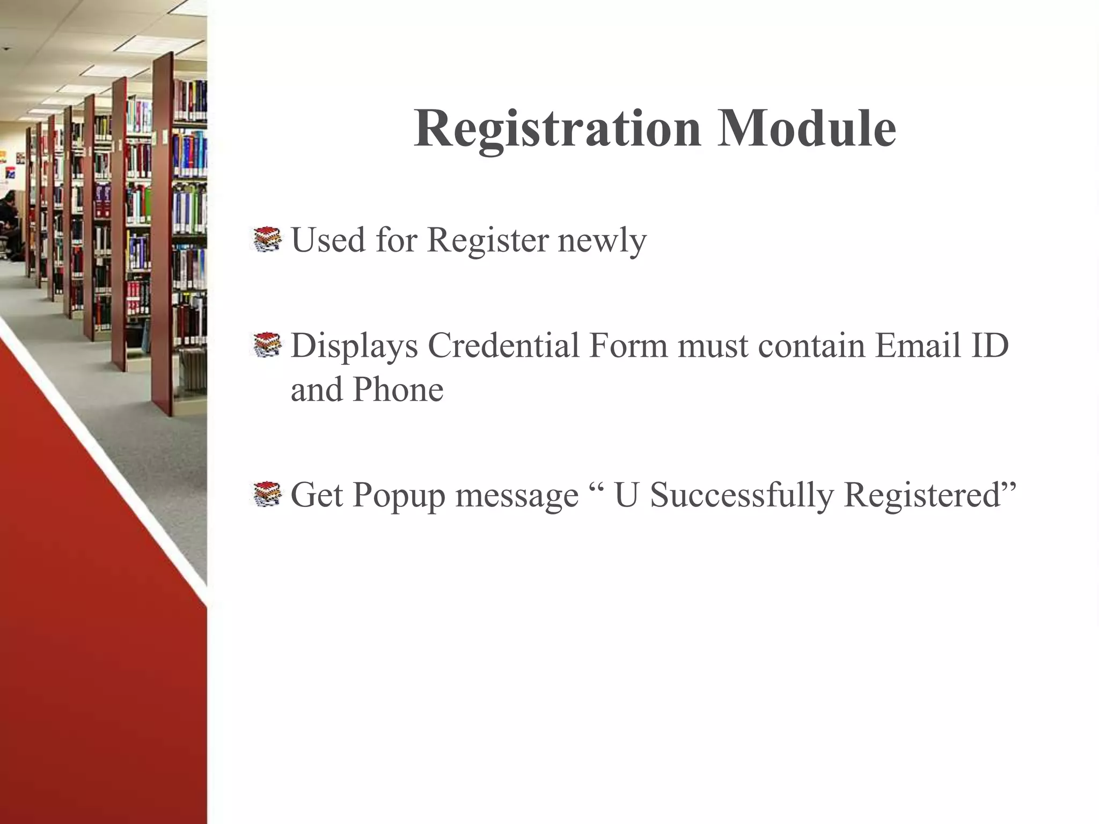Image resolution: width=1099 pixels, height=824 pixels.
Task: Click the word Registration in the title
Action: pos(557,129)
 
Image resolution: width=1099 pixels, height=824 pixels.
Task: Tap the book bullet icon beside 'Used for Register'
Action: pos(267,240)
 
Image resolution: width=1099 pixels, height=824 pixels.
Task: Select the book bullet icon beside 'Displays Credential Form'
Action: pos(267,345)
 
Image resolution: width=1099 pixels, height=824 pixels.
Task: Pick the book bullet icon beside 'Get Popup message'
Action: pos(267,495)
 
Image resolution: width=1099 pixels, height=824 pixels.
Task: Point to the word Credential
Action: pos(503,345)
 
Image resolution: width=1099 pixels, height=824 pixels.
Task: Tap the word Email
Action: pos(916,345)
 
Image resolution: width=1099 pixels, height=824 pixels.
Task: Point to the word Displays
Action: pos(354,347)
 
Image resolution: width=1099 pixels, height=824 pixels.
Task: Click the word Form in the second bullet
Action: pos(628,345)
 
